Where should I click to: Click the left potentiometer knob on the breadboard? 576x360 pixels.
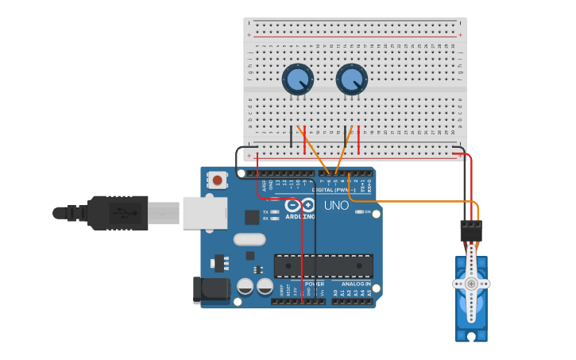(297, 79)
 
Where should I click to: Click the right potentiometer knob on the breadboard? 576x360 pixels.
(351, 79)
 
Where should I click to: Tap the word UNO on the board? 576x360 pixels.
(336, 206)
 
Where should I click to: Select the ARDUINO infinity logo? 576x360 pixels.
(300, 205)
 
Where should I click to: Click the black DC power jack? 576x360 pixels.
(210, 290)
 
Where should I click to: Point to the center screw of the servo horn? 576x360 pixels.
(471, 284)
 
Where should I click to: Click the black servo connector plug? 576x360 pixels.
(471, 231)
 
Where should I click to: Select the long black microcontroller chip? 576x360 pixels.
(323, 266)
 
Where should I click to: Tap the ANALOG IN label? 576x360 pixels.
(356, 284)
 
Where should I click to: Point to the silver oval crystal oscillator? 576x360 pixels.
(249, 239)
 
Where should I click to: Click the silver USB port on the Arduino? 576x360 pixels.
(204, 213)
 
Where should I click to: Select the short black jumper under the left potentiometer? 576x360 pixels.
(291, 137)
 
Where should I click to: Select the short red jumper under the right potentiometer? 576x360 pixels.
(358, 139)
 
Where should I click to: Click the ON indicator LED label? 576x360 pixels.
(369, 212)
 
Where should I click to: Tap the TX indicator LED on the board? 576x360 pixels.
(274, 212)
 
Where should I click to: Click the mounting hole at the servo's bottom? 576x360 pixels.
(471, 336)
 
